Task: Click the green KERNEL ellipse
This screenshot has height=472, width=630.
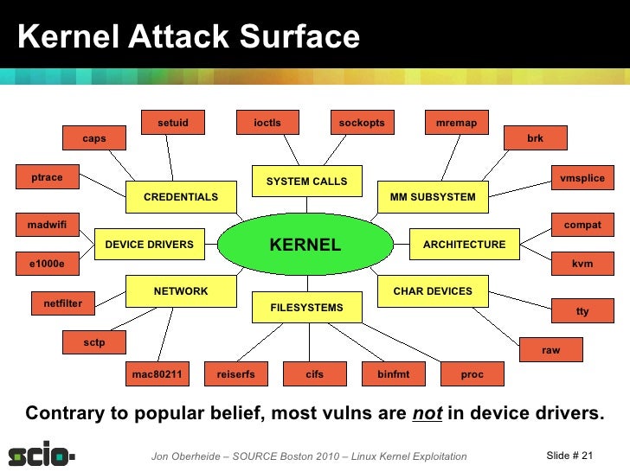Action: pyautogui.click(x=305, y=245)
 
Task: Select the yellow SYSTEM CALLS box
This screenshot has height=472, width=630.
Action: pyautogui.click(x=306, y=182)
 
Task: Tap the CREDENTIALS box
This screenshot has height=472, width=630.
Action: pyautogui.click(x=181, y=197)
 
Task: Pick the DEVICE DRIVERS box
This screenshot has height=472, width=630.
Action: pyautogui.click(x=149, y=245)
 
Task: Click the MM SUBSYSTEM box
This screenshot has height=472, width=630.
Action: pyautogui.click(x=433, y=197)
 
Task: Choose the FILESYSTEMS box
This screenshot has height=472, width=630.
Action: pyautogui.click(x=306, y=308)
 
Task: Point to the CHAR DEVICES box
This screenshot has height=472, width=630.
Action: pyautogui.click(x=433, y=291)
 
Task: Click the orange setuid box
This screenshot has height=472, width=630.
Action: pyautogui.click(x=173, y=123)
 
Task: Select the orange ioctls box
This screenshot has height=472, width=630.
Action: pyautogui.click(x=267, y=123)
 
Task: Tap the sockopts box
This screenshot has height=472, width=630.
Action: pyautogui.click(x=362, y=123)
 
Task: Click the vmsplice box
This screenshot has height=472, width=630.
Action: pyautogui.click(x=582, y=178)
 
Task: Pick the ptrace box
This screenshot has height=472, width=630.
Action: pyautogui.click(x=48, y=177)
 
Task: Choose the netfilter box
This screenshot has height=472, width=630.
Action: pyautogui.click(x=63, y=303)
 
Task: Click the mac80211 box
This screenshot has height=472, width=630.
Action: pyautogui.click(x=157, y=374)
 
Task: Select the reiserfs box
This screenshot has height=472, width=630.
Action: pyautogui.click(x=236, y=374)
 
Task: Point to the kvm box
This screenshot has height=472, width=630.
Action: pyautogui.click(x=582, y=264)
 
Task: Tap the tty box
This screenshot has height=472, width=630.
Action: pyautogui.click(x=582, y=311)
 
